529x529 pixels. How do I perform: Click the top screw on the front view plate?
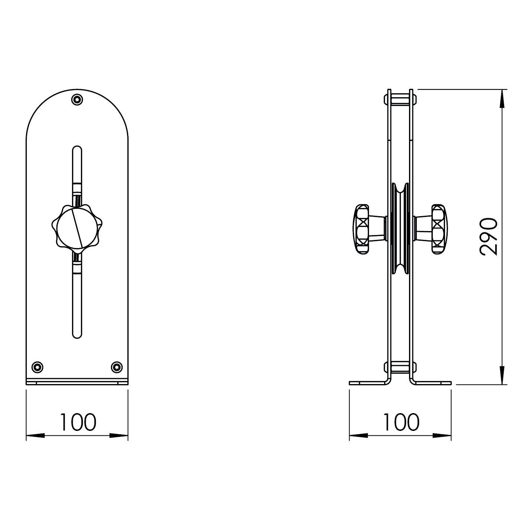click(x=77, y=100)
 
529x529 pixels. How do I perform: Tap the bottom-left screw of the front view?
click(x=38, y=367)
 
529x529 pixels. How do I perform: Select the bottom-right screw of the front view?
click(x=117, y=367)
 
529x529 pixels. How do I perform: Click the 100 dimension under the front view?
click(x=78, y=422)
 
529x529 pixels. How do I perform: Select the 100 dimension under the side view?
click(x=401, y=422)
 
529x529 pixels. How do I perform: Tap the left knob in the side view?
click(x=369, y=229)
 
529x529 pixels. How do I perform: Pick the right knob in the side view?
click(x=431, y=229)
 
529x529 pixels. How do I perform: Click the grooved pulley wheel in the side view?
click(x=400, y=229)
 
